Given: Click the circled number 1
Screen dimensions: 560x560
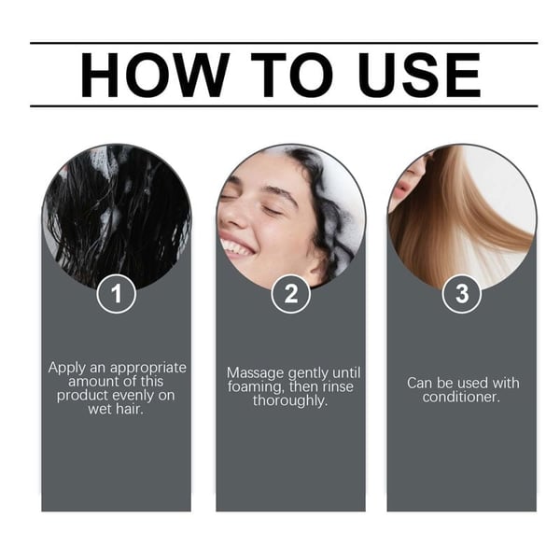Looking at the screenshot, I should point(116,294).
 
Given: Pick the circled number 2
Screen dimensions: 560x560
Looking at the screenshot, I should point(290,294).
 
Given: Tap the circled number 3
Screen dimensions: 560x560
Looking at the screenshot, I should point(461,294).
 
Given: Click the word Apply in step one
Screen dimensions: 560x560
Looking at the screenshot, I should point(68,368).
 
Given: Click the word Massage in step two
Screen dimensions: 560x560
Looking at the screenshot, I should point(254,372).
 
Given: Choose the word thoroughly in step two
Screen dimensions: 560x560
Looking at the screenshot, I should point(290,401).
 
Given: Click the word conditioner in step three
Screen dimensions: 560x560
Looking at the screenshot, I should point(461,397).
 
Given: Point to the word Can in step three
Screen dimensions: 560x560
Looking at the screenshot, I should point(420,383).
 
